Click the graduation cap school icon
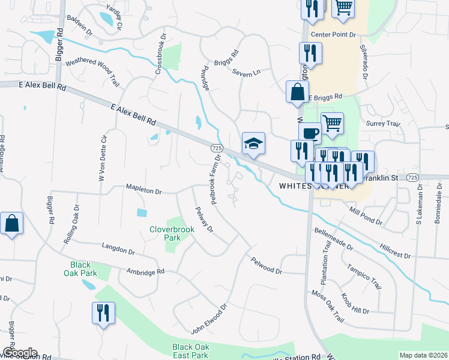click(x=253, y=143)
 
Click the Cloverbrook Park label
click(x=165, y=233)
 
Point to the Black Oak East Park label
click(x=190, y=351)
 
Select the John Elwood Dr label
click(x=209, y=319)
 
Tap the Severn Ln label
click(x=247, y=71)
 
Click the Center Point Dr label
click(x=333, y=34)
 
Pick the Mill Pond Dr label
click(x=366, y=214)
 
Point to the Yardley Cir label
click(x=114, y=18)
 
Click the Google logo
click(x=19, y=353)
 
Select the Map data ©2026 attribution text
click(x=423, y=355)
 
